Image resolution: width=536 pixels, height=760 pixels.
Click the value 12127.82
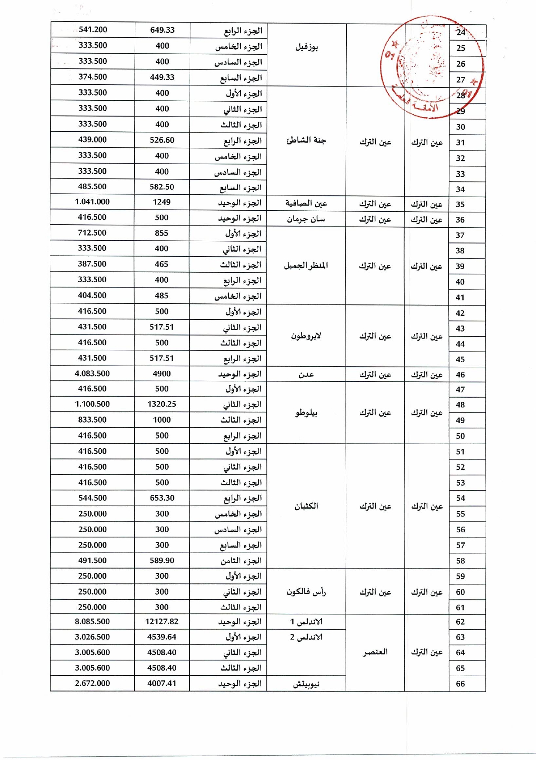[x=162, y=622]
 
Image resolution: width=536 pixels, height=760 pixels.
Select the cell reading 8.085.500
[x=92, y=622]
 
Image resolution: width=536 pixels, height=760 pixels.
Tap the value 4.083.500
[x=92, y=373]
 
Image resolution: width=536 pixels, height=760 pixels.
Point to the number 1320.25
[x=162, y=404]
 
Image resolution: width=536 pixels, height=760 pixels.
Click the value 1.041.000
[x=92, y=202]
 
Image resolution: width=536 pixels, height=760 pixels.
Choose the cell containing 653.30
[x=162, y=498]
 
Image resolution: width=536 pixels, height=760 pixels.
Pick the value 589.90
[x=162, y=560]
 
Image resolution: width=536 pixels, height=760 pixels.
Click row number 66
[x=460, y=684]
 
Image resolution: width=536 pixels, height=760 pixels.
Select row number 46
[x=460, y=375]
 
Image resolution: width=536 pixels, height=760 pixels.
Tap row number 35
[x=460, y=204]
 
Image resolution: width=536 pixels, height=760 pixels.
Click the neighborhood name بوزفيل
[x=307, y=47]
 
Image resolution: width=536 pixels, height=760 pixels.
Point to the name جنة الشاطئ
[x=307, y=140]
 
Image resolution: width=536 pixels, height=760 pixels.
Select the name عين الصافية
[x=306, y=203]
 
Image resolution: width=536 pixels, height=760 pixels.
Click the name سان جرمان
[x=306, y=219]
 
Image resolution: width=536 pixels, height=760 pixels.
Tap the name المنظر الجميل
[x=306, y=265]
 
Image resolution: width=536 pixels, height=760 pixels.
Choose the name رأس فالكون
[x=306, y=592]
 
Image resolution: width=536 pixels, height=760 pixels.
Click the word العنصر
[x=375, y=652]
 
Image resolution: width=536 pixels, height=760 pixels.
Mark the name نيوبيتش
[x=306, y=684]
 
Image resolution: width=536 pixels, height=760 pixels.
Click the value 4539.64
[x=162, y=637]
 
